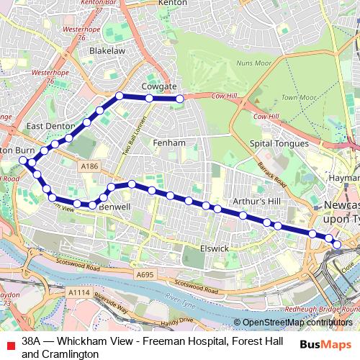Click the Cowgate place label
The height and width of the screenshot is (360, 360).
[159, 86]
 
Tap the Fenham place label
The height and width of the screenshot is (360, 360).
[169, 143]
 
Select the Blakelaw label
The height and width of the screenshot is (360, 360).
[107, 52]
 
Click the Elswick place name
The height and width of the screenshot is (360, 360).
[215, 248]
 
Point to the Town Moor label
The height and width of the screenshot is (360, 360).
[298, 97]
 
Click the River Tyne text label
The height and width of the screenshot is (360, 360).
[182, 297]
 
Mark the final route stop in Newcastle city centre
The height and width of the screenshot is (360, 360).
[336, 245]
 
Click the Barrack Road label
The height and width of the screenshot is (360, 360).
[272, 174]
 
